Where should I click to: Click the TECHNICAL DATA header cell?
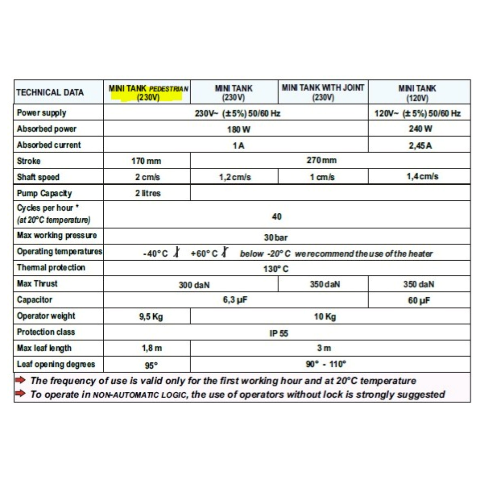(50, 93)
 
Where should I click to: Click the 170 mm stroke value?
(147, 161)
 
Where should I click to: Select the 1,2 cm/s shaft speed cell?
(235, 177)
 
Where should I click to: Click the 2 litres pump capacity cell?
(147, 194)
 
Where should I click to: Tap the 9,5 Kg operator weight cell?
(147, 317)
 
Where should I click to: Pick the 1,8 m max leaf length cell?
(147, 348)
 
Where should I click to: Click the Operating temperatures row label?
(59, 252)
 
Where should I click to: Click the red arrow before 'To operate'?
(21, 394)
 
